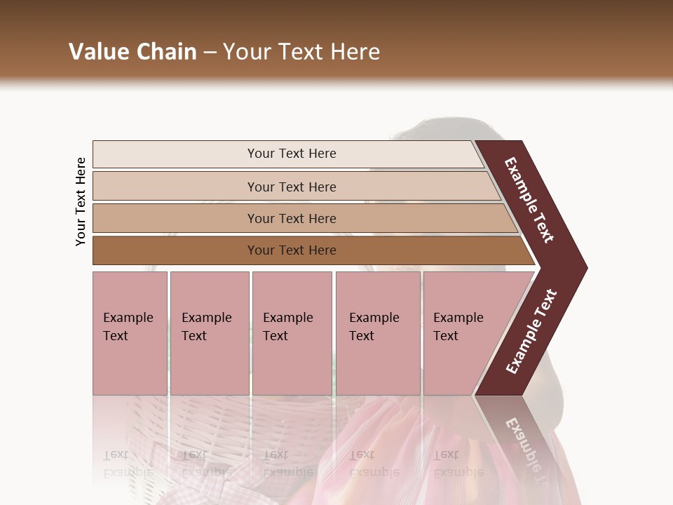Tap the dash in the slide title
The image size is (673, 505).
210,53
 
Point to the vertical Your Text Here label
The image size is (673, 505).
81,201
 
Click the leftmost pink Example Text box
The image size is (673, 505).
130,332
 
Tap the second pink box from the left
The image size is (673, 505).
209,332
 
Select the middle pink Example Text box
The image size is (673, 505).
292,332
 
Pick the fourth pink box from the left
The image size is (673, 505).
377,332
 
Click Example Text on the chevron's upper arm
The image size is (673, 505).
529,200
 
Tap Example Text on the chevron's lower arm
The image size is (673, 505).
531,331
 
